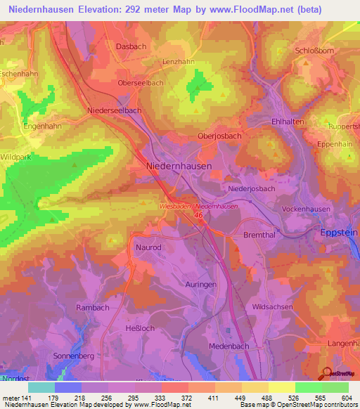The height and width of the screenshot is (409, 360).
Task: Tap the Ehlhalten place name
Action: pos(285,122)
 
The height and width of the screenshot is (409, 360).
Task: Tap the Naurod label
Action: pos(148,248)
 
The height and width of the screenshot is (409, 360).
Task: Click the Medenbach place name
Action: pos(230,346)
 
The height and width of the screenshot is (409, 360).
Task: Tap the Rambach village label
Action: pos(92,308)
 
